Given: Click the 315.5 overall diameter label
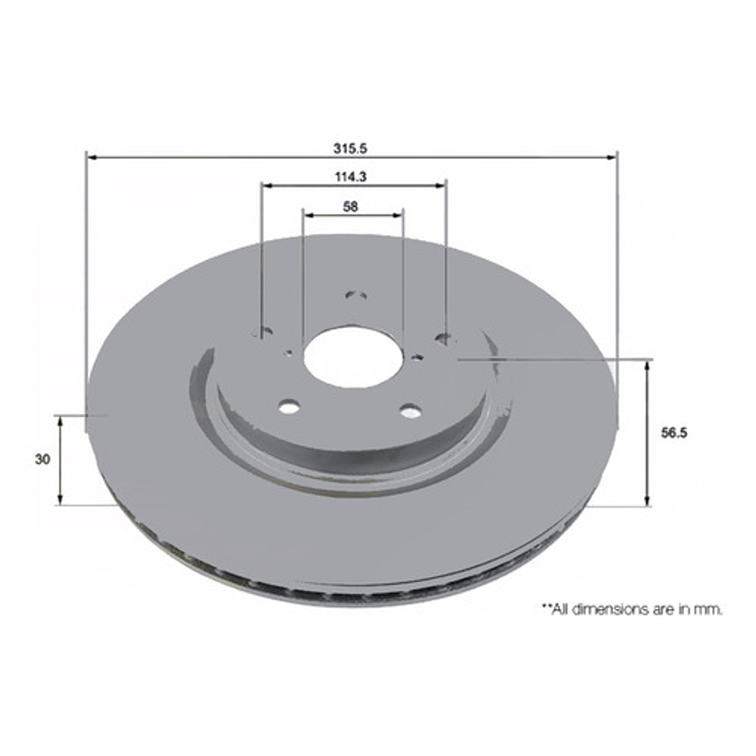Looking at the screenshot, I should click(x=351, y=149).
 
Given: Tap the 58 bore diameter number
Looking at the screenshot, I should click(x=351, y=207).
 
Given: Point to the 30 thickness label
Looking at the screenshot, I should click(x=43, y=459).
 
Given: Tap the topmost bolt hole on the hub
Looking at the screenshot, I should click(x=356, y=296).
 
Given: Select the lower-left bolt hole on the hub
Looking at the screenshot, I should click(x=288, y=408).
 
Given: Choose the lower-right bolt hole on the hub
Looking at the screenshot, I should click(x=410, y=410).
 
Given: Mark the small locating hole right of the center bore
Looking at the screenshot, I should click(x=417, y=357).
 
